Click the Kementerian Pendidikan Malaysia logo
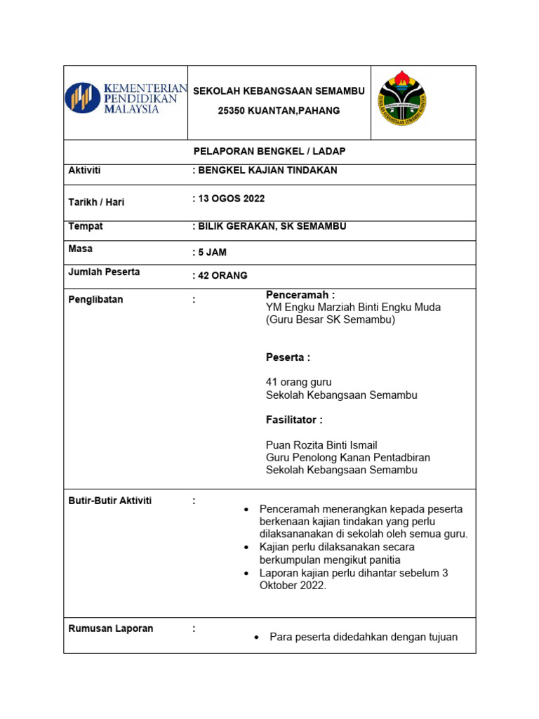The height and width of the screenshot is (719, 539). coord(126,98)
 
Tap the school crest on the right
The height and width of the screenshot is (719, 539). coord(402,98)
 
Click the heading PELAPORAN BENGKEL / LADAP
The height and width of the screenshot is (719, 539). coord(269,152)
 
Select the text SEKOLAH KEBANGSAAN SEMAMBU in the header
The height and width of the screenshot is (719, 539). coord(279,91)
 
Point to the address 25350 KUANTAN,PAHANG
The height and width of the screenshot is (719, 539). coord(279,110)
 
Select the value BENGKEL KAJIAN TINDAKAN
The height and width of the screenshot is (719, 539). coord(265,171)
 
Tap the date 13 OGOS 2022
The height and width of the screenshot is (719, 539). coord(228,199)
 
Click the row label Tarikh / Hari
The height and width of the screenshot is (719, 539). coord(96,202)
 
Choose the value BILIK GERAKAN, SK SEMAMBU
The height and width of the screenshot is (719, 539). coord(269,226)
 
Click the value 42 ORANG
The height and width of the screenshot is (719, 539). coord(220,276)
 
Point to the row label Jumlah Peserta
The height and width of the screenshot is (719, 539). coord(104,272)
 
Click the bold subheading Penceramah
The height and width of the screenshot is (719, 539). coord(300,295)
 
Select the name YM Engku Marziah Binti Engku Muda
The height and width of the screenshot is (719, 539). coord(353,308)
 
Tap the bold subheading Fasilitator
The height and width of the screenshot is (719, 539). coord(294,420)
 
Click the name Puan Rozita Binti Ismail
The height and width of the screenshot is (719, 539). coord(321,445)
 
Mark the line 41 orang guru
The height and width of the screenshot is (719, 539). coord(298,382)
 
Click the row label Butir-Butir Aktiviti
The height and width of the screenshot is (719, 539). coord(109,501)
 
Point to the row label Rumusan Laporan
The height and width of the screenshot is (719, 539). coord(110,628)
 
